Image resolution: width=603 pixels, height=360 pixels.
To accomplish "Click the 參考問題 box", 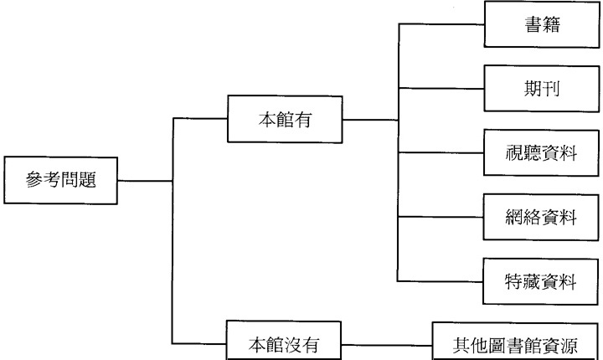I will [59, 180].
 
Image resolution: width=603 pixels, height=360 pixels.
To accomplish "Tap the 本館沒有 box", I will [285, 344].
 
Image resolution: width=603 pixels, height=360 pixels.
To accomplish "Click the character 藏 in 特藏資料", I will [530, 280].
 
